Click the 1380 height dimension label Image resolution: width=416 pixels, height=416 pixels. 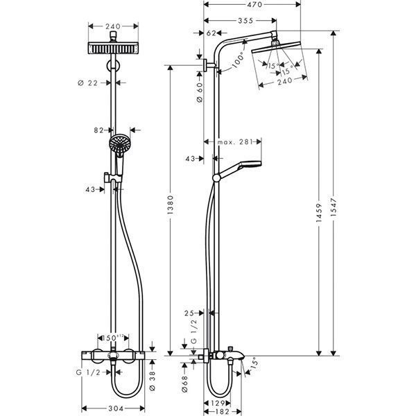171,208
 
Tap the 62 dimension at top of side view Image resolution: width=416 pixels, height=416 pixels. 211,32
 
